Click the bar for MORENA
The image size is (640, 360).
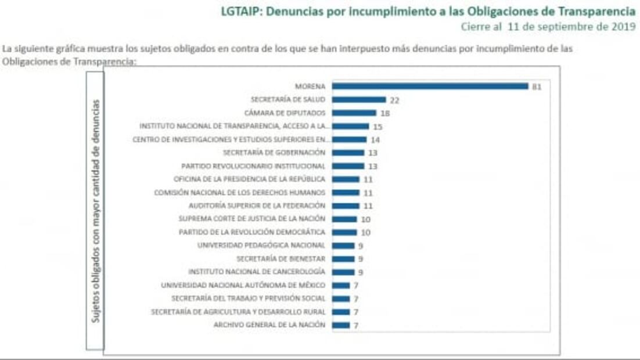pyautogui.click(x=430, y=87)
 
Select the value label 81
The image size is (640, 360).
pyautogui.click(x=537, y=87)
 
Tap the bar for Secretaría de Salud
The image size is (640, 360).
pyautogui.click(x=359, y=100)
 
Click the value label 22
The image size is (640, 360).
pyautogui.click(x=394, y=100)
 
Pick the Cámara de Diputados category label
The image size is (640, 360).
pyautogui.click(x=285, y=113)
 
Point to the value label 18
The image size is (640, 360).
pyautogui.click(x=384, y=113)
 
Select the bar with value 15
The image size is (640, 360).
pyautogui.click(x=350, y=126)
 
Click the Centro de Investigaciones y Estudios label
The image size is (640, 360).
pyautogui.click(x=231, y=139)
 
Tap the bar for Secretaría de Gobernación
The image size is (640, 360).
pyautogui.click(x=348, y=153)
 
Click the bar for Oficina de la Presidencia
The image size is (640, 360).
pyautogui.click(x=346, y=179)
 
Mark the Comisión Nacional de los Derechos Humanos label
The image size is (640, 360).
pyautogui.click(x=239, y=192)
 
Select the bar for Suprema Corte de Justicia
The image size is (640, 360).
pyautogui.click(x=344, y=219)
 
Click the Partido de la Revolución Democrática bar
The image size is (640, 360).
pyautogui.click(x=344, y=232)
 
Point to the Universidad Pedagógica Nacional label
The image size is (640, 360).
pyautogui.click(x=261, y=246)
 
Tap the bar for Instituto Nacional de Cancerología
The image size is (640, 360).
pyautogui.click(x=343, y=272)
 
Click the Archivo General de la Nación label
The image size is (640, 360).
pyautogui.click(x=269, y=325)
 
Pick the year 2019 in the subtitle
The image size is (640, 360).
pyautogui.click(x=624, y=27)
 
